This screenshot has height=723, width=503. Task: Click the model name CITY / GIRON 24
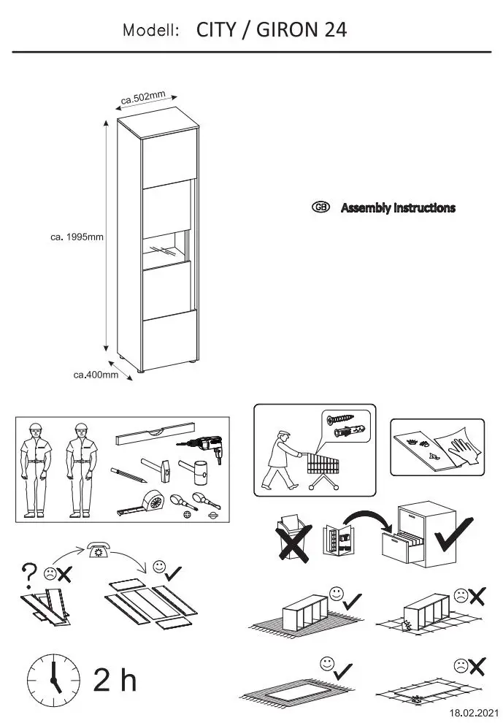click(x=271, y=30)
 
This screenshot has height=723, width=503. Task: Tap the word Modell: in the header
click(x=151, y=31)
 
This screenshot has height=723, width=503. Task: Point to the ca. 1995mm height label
click(x=77, y=237)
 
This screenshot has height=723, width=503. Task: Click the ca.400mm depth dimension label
click(x=96, y=375)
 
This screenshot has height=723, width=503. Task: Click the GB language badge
click(x=320, y=207)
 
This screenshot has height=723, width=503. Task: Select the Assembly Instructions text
click(x=398, y=208)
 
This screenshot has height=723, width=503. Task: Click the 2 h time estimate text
click(x=115, y=680)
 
